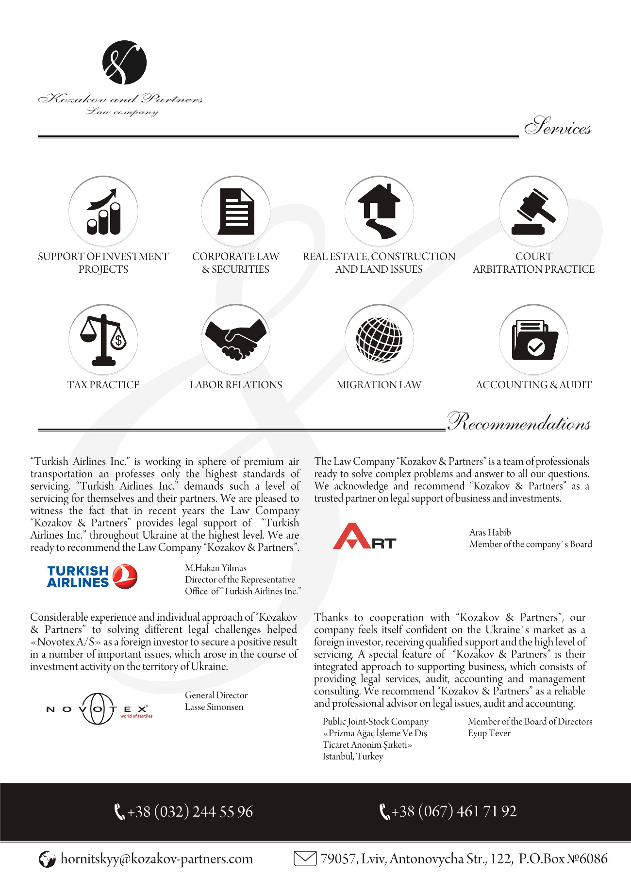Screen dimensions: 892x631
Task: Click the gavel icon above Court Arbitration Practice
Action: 533,212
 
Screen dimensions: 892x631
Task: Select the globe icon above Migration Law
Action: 379,339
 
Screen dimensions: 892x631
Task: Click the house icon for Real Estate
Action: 379,212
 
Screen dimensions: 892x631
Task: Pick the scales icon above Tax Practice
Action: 103,339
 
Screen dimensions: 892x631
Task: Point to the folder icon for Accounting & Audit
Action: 533,339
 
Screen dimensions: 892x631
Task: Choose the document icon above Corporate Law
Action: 236,212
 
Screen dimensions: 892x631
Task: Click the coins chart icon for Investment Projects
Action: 103,212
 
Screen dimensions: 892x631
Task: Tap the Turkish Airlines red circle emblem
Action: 125,577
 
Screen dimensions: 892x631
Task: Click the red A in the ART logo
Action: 352,537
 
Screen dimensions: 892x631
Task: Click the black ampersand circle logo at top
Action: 125,63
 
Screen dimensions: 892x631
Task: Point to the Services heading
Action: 557,127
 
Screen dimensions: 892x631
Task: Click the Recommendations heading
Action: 518,422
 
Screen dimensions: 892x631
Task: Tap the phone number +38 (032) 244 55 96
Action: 190,811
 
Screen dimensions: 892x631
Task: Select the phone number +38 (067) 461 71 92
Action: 454,811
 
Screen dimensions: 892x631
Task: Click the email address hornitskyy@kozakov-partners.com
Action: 156,859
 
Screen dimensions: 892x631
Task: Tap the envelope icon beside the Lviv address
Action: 305,859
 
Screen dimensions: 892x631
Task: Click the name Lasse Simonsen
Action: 214,707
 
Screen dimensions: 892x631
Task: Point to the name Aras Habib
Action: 490,532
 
